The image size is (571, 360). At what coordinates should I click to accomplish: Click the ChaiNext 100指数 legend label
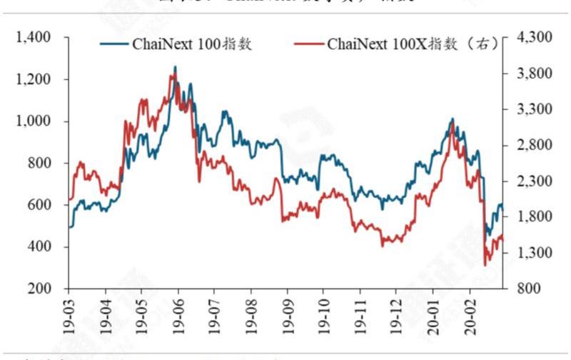[x=193, y=44]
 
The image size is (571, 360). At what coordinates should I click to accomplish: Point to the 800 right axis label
[x=525, y=289]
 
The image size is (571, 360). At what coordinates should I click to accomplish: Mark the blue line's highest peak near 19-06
[x=176, y=67]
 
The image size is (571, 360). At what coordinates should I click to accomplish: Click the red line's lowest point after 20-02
[x=485, y=266]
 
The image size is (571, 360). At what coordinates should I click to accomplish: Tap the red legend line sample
[x=308, y=44]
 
